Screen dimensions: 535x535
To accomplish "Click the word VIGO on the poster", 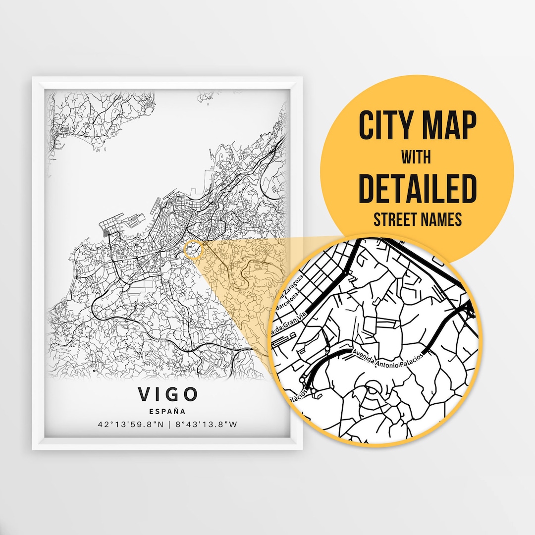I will point(167,394).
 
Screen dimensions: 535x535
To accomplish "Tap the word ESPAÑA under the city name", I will point(167,411).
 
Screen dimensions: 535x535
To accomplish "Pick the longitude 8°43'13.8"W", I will point(206,425).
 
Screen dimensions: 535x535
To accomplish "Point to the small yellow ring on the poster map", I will point(194,250).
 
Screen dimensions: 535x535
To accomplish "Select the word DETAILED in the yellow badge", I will point(417,189).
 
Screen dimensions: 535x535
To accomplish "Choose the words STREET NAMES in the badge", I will point(417,219).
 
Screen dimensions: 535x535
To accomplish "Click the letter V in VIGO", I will point(143,394).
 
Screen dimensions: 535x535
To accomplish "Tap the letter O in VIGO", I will point(190,394).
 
